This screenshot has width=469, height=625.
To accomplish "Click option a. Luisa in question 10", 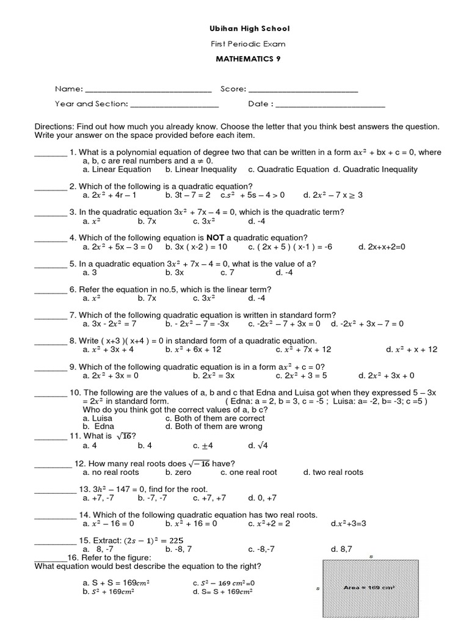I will [x=98, y=419].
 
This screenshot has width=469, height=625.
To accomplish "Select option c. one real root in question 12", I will [x=249, y=472].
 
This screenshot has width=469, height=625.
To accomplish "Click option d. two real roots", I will [x=333, y=472].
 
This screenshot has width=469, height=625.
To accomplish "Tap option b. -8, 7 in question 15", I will [x=180, y=549].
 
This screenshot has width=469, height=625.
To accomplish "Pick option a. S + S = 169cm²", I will [x=117, y=583].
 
